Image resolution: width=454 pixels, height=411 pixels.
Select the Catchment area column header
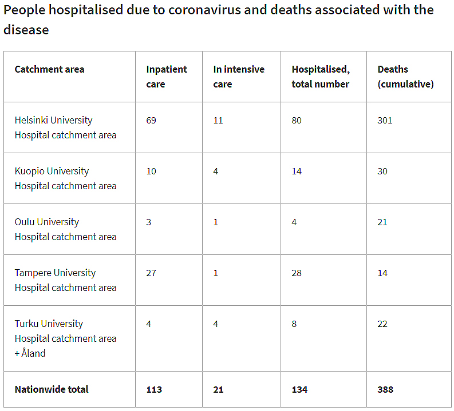49,70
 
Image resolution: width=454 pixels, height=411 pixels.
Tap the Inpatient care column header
166,77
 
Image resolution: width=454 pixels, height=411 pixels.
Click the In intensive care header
239,77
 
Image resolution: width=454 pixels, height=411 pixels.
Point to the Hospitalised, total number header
321,77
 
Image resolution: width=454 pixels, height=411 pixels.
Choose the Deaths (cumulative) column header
405,77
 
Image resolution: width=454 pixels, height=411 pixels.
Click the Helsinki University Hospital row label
65,127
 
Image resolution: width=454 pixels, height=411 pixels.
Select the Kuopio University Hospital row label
65,178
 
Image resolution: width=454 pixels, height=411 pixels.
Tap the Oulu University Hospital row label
65,229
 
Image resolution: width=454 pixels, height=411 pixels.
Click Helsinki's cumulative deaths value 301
385,121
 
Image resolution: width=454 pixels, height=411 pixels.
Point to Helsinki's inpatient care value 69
151,121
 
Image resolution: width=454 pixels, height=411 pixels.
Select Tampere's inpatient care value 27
151,273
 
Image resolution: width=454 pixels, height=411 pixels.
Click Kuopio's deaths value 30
382,171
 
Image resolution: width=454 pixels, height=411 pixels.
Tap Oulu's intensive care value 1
216,222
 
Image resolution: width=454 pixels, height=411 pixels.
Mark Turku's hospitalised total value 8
294,324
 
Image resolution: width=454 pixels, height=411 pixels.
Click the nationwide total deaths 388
385,390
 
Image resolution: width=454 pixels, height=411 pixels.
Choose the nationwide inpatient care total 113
154,390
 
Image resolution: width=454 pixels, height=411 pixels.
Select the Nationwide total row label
52,390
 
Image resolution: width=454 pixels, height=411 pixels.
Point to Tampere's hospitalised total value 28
297,273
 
